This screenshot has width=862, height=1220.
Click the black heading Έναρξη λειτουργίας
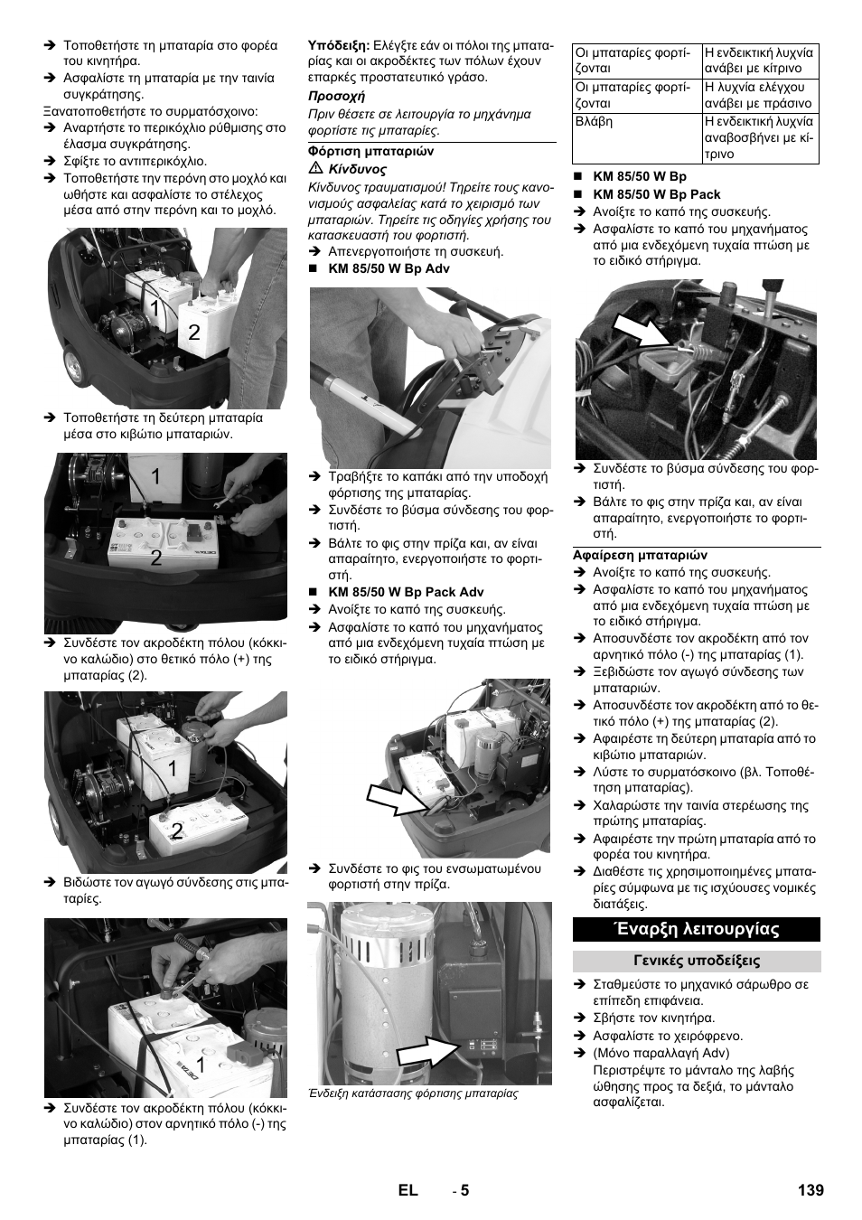[696, 929]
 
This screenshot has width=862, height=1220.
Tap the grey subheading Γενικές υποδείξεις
[697, 961]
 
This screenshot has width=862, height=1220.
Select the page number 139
[811, 1190]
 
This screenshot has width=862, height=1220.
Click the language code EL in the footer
[408, 1190]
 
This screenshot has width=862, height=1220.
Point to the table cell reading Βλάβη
[637, 138]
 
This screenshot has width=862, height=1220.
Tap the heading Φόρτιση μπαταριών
[370, 151]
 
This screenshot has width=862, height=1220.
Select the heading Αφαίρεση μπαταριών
[641, 555]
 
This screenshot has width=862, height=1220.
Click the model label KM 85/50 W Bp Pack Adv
[407, 592]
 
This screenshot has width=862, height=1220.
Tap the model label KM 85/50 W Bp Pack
[657, 194]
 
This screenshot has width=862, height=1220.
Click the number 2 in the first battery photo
[194, 332]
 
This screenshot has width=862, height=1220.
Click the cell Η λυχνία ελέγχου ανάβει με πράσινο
[761, 95]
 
